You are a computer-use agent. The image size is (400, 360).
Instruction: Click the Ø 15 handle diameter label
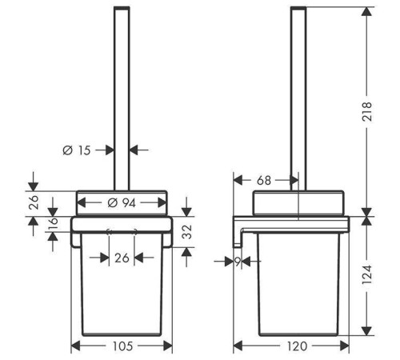(x=77, y=150)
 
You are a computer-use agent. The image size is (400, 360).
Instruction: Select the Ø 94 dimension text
(x=122, y=203)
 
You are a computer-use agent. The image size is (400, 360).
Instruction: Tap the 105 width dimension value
(x=122, y=346)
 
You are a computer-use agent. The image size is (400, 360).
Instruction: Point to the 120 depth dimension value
(x=297, y=346)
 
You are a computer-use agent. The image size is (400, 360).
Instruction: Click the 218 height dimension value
(x=367, y=112)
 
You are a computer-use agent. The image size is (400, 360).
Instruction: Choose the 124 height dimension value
(x=367, y=274)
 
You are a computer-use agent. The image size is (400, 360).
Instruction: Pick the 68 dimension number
(x=264, y=181)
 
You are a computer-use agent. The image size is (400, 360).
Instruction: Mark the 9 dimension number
(x=238, y=262)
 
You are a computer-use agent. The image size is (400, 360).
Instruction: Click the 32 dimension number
(x=186, y=232)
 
